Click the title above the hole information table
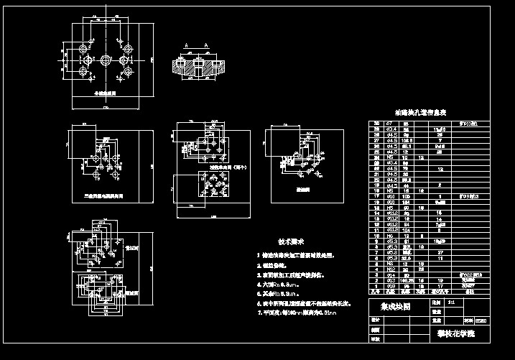(x=421, y=113)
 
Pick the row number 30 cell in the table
(x=375, y=124)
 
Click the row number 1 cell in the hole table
(x=375, y=286)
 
